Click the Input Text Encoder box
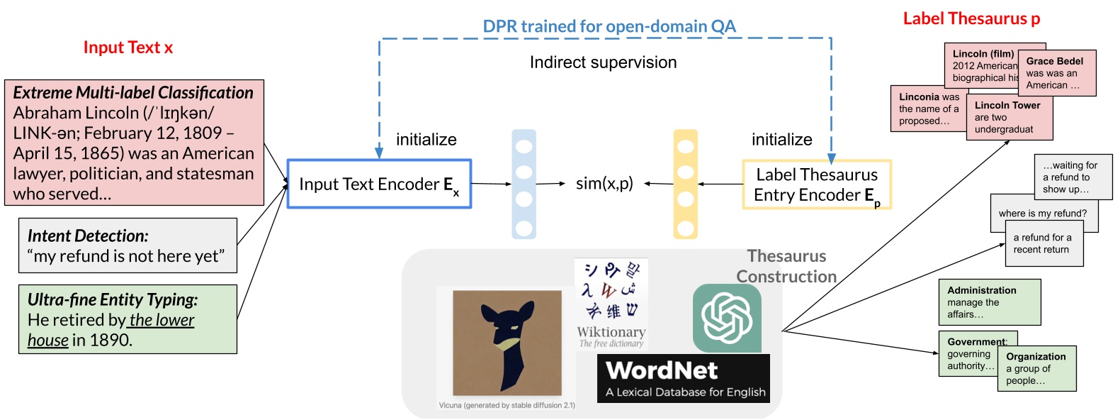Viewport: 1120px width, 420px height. [x=379, y=184]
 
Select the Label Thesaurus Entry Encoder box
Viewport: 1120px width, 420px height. [x=816, y=184]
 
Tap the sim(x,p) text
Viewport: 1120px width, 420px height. [x=604, y=184]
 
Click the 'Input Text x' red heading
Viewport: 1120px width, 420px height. [x=128, y=48]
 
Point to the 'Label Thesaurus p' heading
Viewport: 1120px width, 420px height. [x=971, y=19]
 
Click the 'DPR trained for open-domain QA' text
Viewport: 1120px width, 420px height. [x=609, y=26]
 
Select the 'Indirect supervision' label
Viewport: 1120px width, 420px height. [x=603, y=62]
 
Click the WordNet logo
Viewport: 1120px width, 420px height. [x=683, y=379]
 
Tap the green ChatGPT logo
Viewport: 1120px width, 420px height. [x=727, y=318]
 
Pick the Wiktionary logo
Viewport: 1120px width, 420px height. [x=611, y=304]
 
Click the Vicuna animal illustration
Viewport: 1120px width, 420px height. [x=507, y=343]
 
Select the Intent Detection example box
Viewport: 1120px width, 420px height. [x=128, y=245]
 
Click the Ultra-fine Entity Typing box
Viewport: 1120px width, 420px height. [x=128, y=319]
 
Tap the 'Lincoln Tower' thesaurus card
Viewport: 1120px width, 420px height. [x=1009, y=118]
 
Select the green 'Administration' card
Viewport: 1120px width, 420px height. [x=989, y=302]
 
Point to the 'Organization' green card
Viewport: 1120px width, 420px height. [x=1036, y=368]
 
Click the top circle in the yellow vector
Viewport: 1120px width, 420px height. [x=685, y=147]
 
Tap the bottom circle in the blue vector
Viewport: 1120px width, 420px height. [x=524, y=228]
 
